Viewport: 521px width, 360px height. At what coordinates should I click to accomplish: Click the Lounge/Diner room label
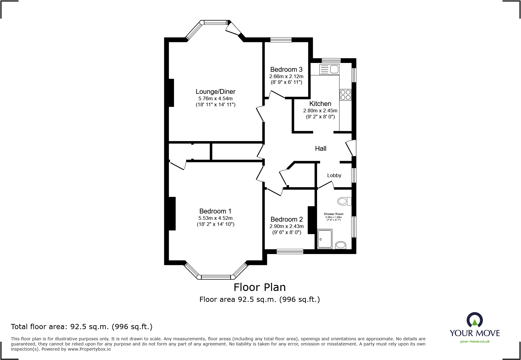pyautogui.click(x=215, y=92)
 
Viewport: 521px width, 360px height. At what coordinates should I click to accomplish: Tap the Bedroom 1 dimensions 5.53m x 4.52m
pyautogui.click(x=215, y=218)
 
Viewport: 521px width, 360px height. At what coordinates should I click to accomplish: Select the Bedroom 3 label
pyautogui.click(x=286, y=70)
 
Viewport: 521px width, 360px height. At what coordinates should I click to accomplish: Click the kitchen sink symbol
pyautogui.click(x=329, y=70)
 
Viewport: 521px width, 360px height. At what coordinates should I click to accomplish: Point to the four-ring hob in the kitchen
pyautogui.click(x=345, y=95)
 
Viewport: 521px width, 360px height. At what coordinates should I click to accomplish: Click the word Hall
pyautogui.click(x=320, y=149)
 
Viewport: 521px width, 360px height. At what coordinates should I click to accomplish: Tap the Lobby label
pyautogui.click(x=334, y=176)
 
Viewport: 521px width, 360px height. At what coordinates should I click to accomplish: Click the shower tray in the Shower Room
pyautogui.click(x=325, y=239)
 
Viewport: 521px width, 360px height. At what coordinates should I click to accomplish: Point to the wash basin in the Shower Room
pyautogui.click(x=341, y=245)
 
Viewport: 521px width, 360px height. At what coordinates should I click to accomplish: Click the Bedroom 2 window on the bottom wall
pyautogui.click(x=290, y=251)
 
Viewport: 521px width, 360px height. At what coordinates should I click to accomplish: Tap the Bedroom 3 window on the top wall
pyautogui.click(x=281, y=40)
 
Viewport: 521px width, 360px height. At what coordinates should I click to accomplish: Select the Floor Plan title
pyautogui.click(x=260, y=287)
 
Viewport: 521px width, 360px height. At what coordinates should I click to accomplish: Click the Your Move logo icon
pyautogui.click(x=474, y=320)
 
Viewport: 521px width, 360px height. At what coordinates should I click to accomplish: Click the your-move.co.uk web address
pyautogui.click(x=475, y=342)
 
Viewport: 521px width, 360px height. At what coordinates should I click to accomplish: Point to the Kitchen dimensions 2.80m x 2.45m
pyautogui.click(x=320, y=111)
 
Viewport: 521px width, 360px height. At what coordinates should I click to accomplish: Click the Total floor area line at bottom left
pyautogui.click(x=82, y=327)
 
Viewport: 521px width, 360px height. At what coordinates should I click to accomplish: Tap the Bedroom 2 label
pyautogui.click(x=287, y=220)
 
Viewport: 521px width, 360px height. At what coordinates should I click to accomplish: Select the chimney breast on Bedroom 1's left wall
pyautogui.click(x=172, y=214)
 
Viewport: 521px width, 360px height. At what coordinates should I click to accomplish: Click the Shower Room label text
pyautogui.click(x=333, y=214)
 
